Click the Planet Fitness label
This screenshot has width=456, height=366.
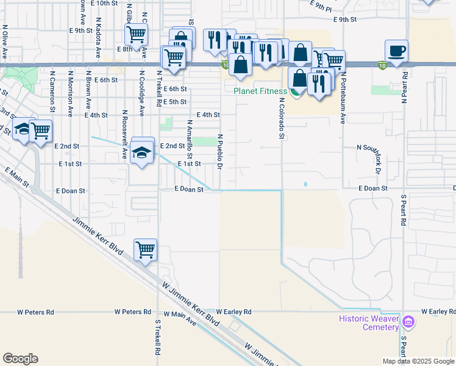pyautogui.click(x=260, y=91)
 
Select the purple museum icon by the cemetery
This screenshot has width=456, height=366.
pyautogui.click(x=408, y=321)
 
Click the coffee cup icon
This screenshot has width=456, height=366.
pyautogui.click(x=396, y=51)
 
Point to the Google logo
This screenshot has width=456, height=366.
pyautogui.click(x=20, y=358)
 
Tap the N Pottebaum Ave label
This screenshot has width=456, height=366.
pyautogui.click(x=343, y=98)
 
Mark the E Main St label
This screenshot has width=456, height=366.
pyautogui.click(x=17, y=178)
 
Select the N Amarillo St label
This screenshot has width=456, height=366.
pyautogui.click(x=190, y=138)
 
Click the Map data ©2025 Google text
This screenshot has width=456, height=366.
pyautogui.click(x=418, y=361)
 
